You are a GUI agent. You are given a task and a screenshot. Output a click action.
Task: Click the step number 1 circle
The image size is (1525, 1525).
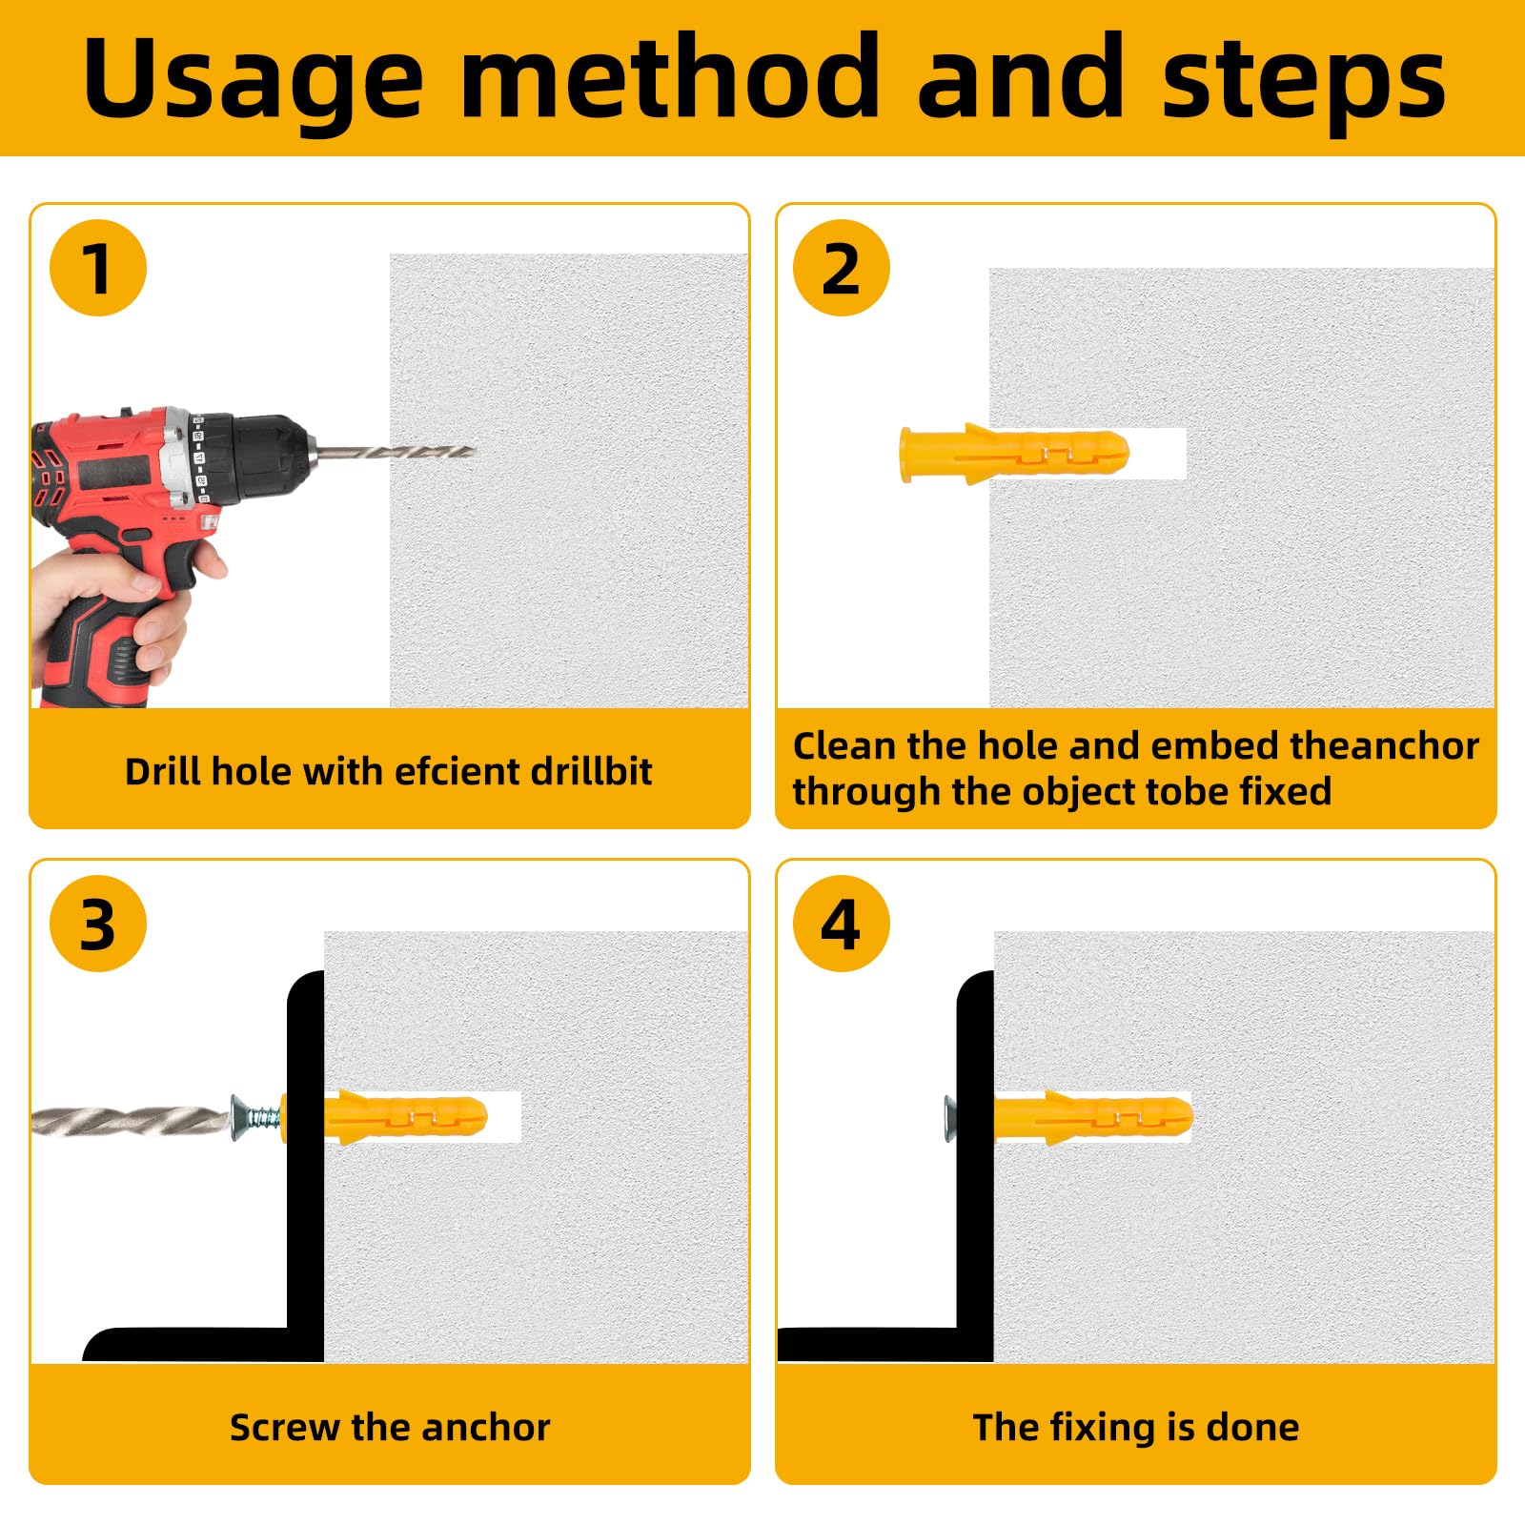(98, 268)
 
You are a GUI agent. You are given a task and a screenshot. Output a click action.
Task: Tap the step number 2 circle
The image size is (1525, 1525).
(842, 268)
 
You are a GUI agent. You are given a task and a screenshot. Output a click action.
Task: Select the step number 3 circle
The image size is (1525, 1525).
(98, 924)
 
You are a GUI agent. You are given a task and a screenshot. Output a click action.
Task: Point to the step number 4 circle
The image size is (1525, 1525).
(842, 924)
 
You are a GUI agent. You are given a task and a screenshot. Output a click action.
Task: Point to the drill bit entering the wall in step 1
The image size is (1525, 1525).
(394, 452)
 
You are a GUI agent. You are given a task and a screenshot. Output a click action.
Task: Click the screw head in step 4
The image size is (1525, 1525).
(950, 1118)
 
